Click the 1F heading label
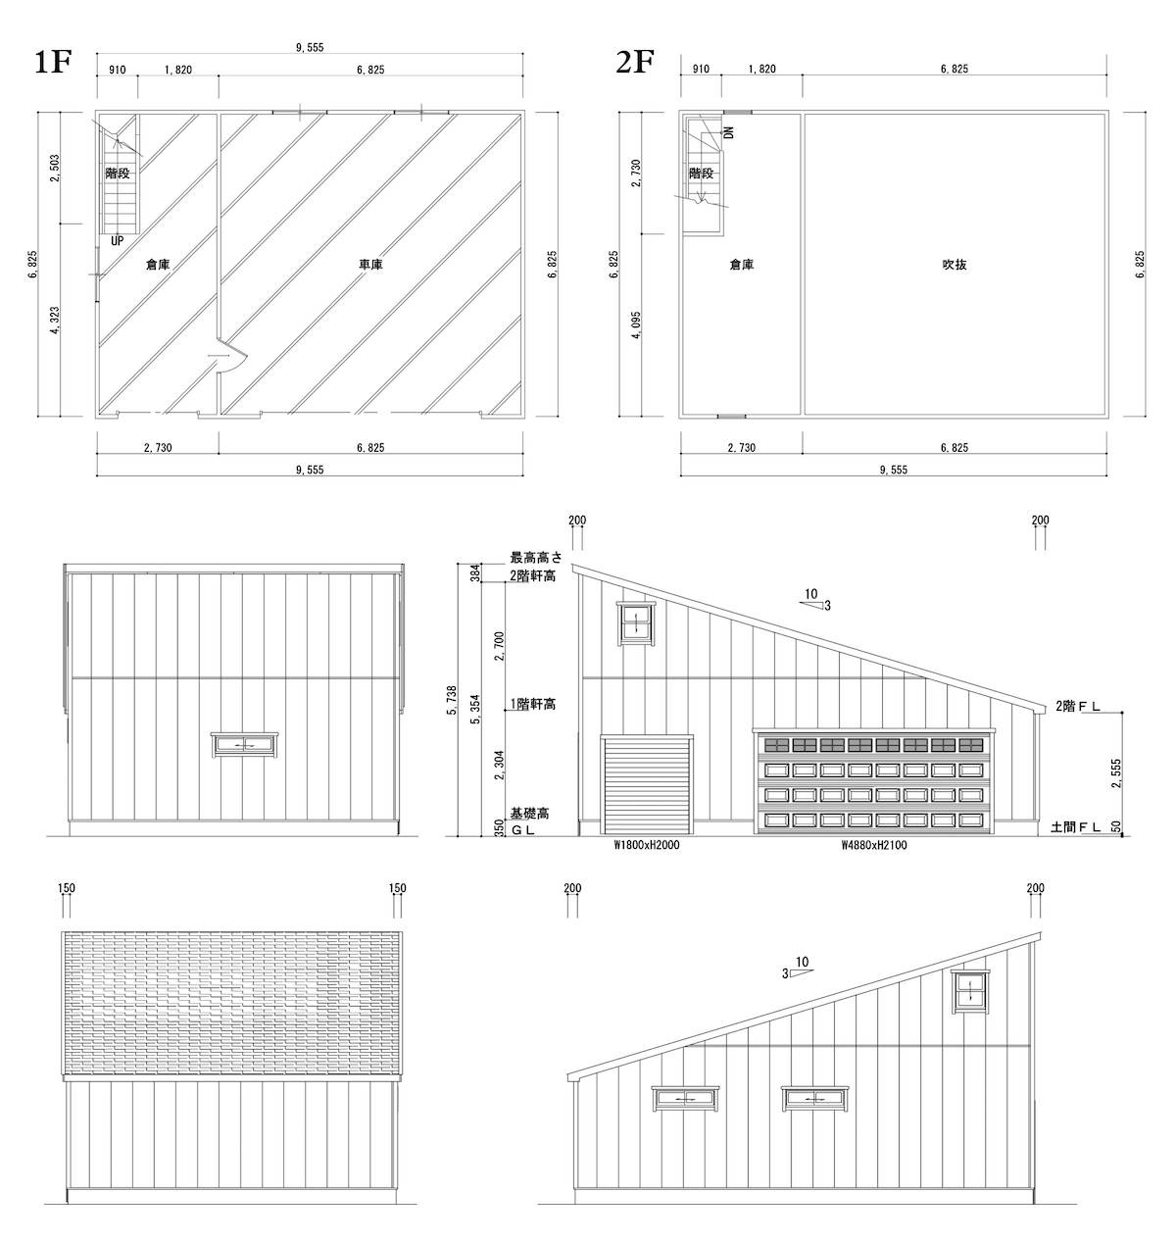(54, 62)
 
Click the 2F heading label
(634, 62)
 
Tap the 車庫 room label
(370, 265)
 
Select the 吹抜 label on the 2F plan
(955, 265)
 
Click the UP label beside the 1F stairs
(118, 240)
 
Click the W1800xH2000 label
(647, 845)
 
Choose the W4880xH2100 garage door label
(874, 845)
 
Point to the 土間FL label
(1075, 828)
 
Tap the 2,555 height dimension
(1118, 771)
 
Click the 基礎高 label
(529, 814)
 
